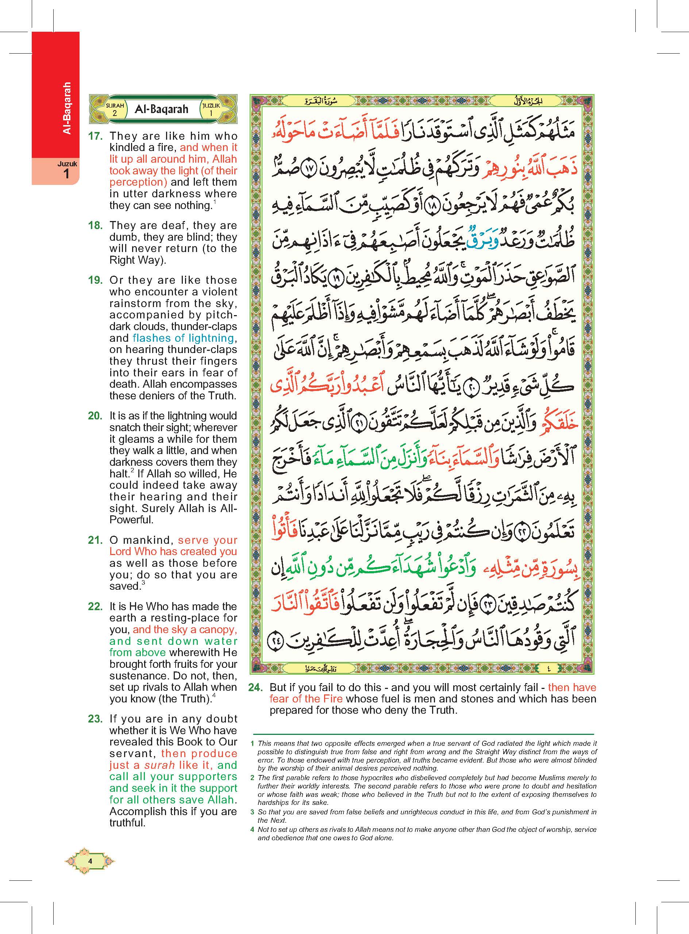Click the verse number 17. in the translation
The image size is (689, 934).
pos(95,136)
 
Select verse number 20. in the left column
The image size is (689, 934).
pos(95,416)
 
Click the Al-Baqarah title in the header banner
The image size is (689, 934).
pos(161,109)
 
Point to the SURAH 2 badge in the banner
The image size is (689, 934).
pos(115,109)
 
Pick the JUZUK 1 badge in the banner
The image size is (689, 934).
pos(211,109)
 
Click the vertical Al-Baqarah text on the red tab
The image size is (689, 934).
pos(67,108)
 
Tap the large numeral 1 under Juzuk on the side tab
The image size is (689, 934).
pos(67,174)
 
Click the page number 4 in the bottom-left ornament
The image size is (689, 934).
pos(90,861)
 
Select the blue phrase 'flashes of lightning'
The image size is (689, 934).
pos(183,338)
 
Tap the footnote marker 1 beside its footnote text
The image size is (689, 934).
pos(252,744)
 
